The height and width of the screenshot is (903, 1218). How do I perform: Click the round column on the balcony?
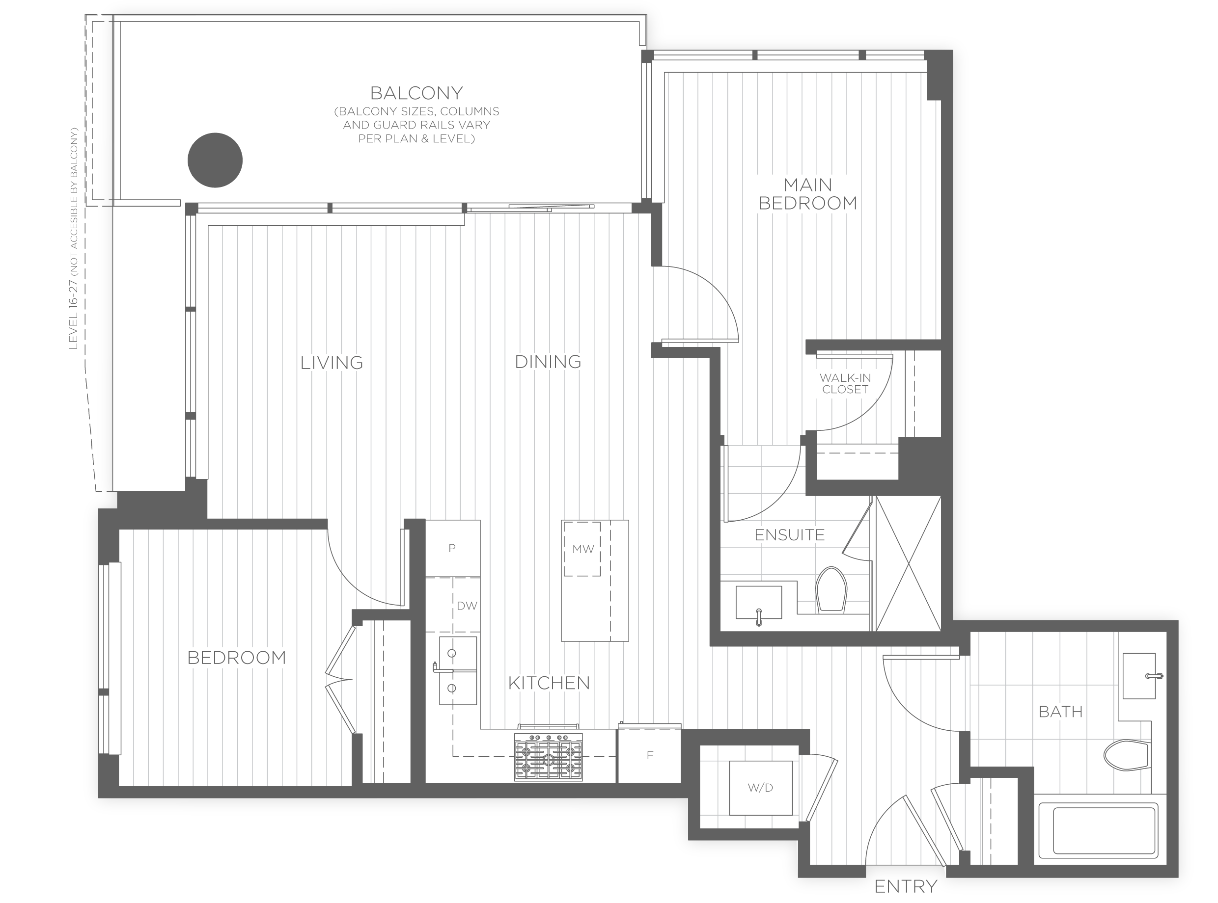tap(215, 160)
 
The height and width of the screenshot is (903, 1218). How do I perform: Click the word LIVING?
tap(332, 362)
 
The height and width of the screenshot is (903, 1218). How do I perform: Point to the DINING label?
tap(548, 361)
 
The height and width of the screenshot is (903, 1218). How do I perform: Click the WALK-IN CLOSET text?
tap(845, 384)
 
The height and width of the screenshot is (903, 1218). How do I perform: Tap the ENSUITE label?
tap(789, 534)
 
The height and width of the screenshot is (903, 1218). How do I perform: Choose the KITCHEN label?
tap(549, 683)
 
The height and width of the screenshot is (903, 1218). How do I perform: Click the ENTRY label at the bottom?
tap(906, 886)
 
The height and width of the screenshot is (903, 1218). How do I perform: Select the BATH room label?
tap(1060, 712)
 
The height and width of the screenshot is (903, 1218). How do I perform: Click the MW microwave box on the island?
tap(582, 549)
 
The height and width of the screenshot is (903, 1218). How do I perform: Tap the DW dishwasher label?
tap(467, 606)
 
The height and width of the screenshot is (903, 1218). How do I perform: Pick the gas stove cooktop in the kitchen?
tap(548, 757)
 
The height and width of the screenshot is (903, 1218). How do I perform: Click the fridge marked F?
tap(650, 755)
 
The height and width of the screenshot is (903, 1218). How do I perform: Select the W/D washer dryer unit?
tap(761, 788)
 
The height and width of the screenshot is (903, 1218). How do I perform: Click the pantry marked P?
tap(452, 548)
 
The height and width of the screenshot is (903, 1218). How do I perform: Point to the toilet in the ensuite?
tap(831, 589)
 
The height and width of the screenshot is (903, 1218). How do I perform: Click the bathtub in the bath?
tap(1098, 832)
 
